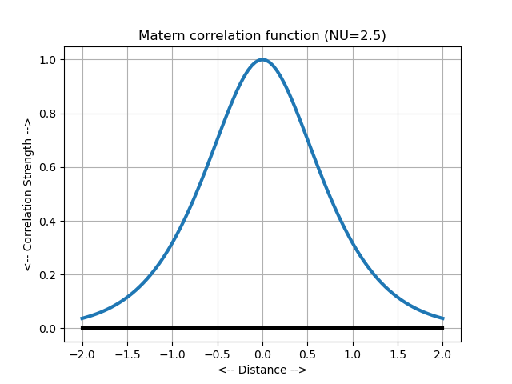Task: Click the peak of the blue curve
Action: click(x=262, y=60)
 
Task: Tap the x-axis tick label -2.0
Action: click(x=82, y=354)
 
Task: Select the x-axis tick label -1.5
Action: click(x=126, y=354)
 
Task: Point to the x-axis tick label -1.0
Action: click(x=172, y=354)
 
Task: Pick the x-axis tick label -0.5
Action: click(x=217, y=354)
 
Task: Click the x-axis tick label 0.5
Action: click(x=308, y=354)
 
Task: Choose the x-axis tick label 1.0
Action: click(x=353, y=354)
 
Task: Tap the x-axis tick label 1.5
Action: click(x=398, y=354)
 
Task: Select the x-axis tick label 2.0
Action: click(x=443, y=354)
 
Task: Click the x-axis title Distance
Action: click(x=262, y=370)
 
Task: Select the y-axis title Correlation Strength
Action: click(x=27, y=194)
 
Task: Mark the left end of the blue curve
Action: click(x=82, y=318)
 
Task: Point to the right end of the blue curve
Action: click(x=443, y=318)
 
